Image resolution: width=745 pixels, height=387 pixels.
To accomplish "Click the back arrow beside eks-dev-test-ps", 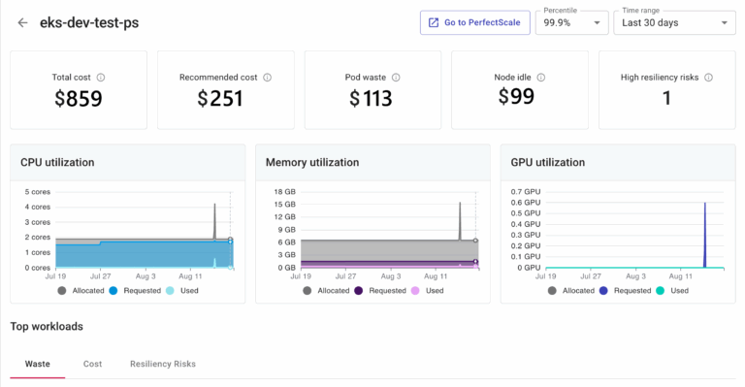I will point(22,22).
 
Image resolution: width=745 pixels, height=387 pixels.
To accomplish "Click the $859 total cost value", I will point(78,98).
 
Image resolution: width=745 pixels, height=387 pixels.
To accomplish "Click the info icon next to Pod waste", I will point(396,77).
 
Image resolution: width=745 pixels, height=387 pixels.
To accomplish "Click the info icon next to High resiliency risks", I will point(709,77).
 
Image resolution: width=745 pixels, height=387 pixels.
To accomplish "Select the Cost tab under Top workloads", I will point(92,364).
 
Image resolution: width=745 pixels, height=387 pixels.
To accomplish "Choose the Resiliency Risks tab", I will point(163,364).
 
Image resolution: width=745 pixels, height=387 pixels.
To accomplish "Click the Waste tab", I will point(37,364).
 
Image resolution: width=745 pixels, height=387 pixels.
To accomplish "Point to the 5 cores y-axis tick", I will point(37,192).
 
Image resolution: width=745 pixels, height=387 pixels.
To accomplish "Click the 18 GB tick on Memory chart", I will point(284,192).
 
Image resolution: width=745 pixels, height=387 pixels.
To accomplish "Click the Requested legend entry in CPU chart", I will point(134,290).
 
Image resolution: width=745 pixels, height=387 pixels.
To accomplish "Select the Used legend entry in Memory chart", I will point(427,290).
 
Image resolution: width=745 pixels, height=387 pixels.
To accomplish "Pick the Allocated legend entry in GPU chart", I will point(572,290).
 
